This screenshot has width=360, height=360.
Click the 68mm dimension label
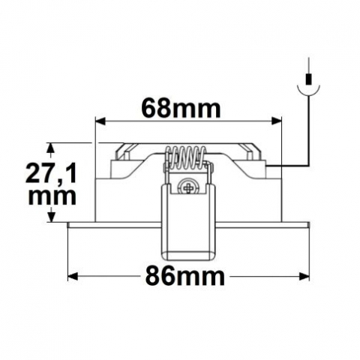point(181,109)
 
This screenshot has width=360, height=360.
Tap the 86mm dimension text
point(182,277)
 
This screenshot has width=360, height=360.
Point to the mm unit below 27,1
point(51,196)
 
